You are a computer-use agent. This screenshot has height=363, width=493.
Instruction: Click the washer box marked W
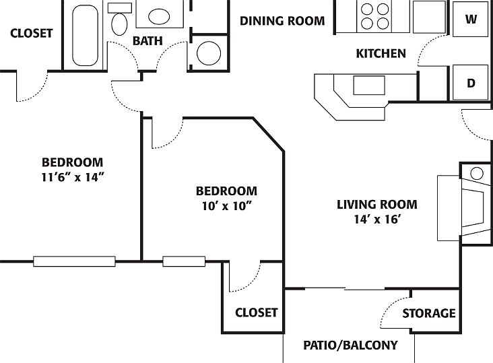(x=470, y=19)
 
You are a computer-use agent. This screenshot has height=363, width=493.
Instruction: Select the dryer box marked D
(x=470, y=83)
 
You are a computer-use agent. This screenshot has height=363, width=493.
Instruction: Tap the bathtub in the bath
(x=85, y=35)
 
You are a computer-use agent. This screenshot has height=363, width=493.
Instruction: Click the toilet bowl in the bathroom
(x=119, y=24)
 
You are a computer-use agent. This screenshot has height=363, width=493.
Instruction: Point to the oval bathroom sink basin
(x=159, y=16)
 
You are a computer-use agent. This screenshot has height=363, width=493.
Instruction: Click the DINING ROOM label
(x=282, y=21)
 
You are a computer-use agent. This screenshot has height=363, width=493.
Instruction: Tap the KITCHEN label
(x=381, y=53)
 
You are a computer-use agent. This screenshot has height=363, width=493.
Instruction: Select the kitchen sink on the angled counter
(x=369, y=85)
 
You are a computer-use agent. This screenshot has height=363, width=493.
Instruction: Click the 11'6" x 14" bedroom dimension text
(x=73, y=178)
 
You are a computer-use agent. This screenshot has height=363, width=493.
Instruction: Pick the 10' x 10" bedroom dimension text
(x=227, y=206)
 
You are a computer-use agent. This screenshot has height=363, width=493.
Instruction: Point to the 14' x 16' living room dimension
(x=377, y=220)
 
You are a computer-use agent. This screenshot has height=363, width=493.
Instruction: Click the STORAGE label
(x=429, y=313)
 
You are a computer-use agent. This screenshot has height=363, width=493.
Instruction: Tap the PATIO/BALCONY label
(x=351, y=345)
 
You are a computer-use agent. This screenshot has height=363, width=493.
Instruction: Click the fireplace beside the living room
(x=465, y=208)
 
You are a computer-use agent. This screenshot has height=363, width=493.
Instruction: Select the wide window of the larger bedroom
(x=74, y=261)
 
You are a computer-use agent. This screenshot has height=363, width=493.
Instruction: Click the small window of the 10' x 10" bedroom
(x=184, y=261)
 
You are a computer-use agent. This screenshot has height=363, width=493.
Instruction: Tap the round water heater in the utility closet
(x=209, y=53)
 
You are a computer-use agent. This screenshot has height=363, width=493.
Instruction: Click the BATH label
(x=147, y=41)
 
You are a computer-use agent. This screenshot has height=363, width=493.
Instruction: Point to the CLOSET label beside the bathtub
(x=31, y=33)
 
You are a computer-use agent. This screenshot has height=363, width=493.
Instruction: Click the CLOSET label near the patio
(x=256, y=312)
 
